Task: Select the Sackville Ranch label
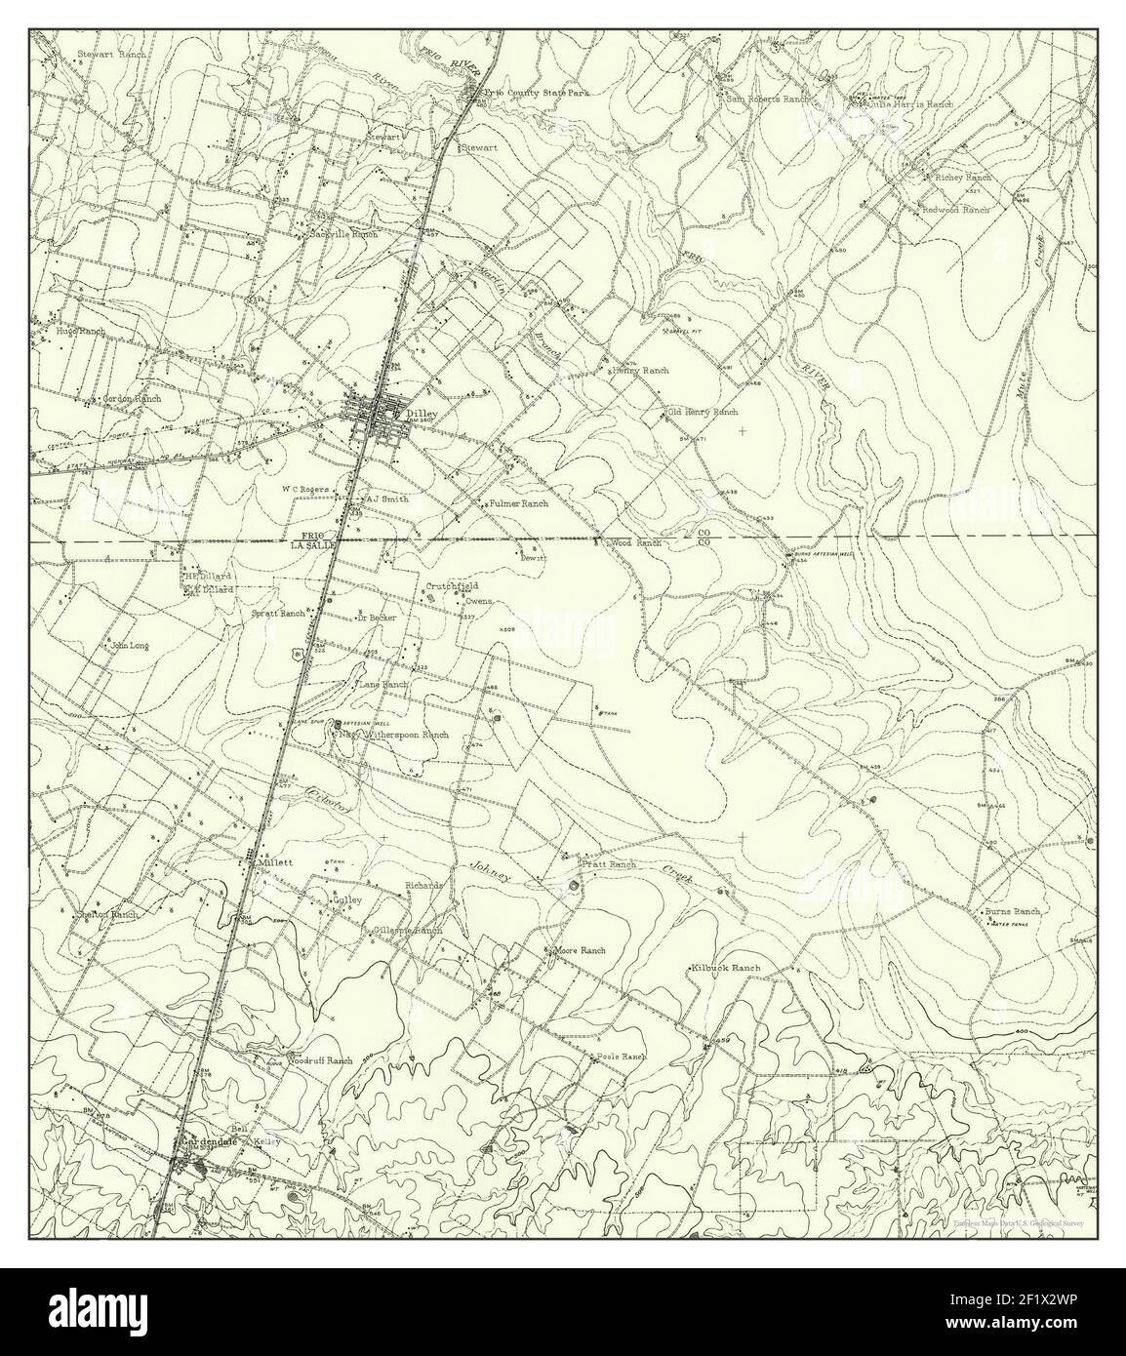click(342, 235)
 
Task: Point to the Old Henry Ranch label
click(703, 413)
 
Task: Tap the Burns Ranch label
click(1013, 910)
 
